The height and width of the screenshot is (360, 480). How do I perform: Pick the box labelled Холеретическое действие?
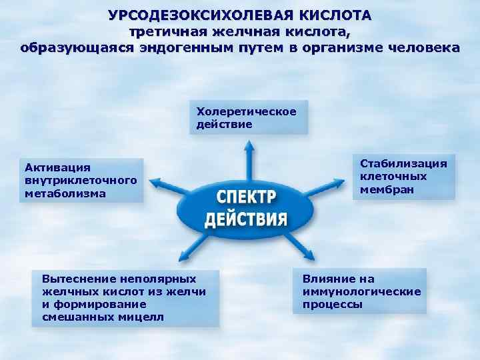248,117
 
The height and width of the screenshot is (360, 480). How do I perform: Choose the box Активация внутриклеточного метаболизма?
81,180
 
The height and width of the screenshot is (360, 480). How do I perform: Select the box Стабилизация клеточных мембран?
404,177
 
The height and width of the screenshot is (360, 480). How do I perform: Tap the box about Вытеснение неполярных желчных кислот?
125,297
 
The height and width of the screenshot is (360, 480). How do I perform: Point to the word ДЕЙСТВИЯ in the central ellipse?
245,219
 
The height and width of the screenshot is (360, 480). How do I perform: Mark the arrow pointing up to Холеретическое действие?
249,160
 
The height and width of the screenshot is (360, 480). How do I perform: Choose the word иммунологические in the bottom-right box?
361,291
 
